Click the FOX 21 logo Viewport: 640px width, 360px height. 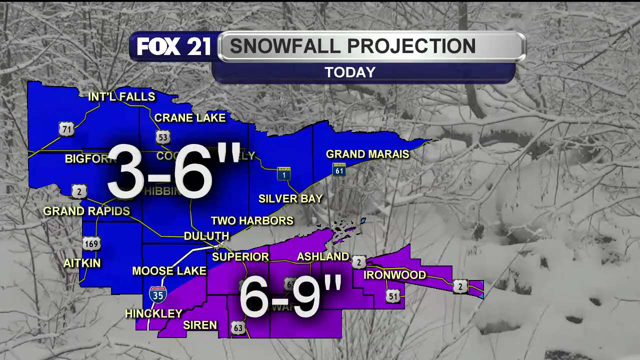tap(173, 47)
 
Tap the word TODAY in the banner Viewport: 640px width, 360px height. tap(350, 72)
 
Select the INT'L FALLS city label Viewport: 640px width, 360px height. tap(121, 96)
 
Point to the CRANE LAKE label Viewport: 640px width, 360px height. tap(190, 118)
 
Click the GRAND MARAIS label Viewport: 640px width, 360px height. tap(367, 154)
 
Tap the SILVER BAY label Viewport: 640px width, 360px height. tap(290, 198)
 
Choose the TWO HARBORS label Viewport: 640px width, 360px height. tap(252, 220)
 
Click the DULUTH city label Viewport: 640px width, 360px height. tap(206, 236)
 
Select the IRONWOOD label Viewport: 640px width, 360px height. tap(395, 275)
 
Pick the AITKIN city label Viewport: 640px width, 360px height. tap(82, 263)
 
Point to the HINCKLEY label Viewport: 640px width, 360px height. tap(153, 313)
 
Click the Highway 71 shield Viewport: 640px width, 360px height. tap(66, 129)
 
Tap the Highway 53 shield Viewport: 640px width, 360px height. tap(163, 137)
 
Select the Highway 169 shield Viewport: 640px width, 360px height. tap(91, 243)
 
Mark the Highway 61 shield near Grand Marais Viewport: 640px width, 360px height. tap(339, 169)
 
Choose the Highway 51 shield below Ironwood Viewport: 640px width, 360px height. tap(393, 296)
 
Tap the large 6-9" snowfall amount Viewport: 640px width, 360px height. tap(290, 296)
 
